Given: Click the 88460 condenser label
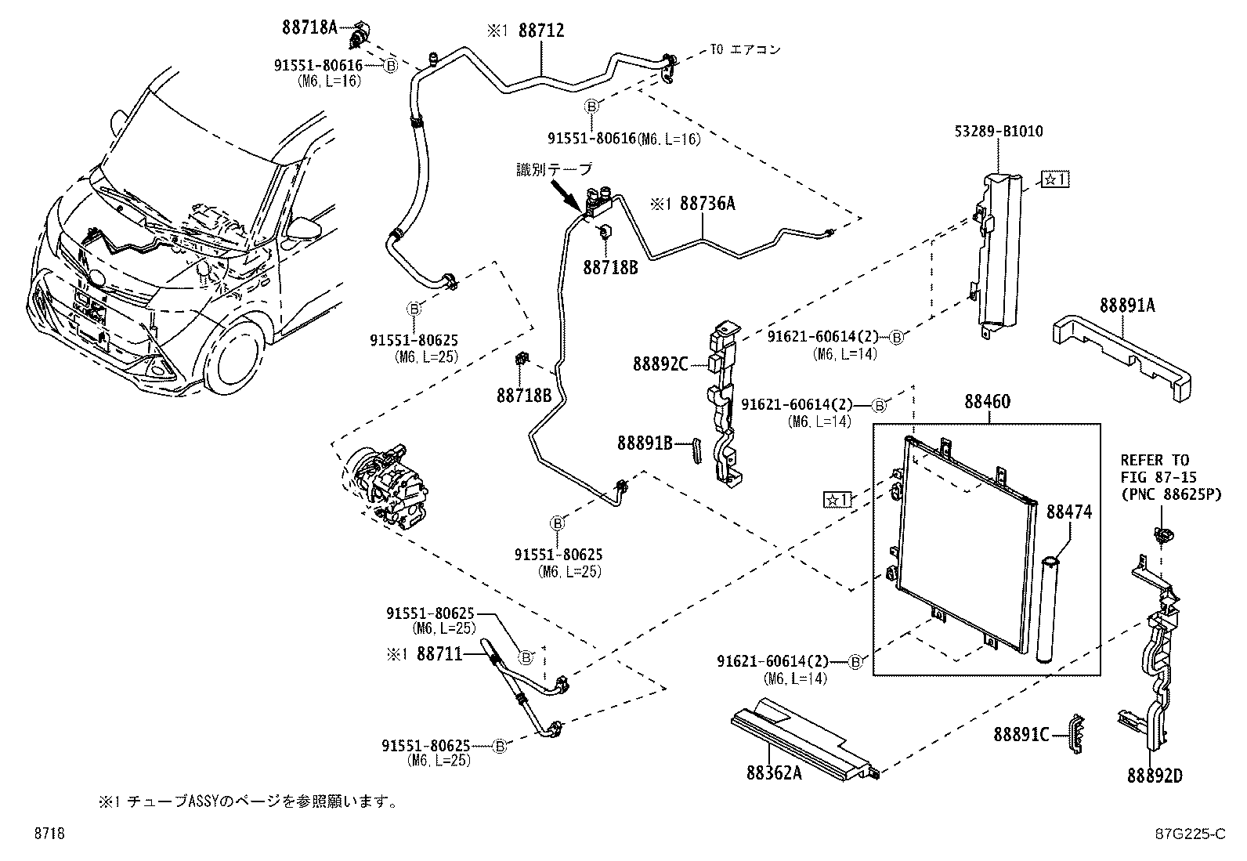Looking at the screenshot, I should [987, 402].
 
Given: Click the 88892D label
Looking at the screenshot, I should [1154, 776].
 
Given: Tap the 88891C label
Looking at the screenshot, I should [1021, 734].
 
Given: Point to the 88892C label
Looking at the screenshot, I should [660, 364].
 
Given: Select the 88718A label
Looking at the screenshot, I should [309, 27].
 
